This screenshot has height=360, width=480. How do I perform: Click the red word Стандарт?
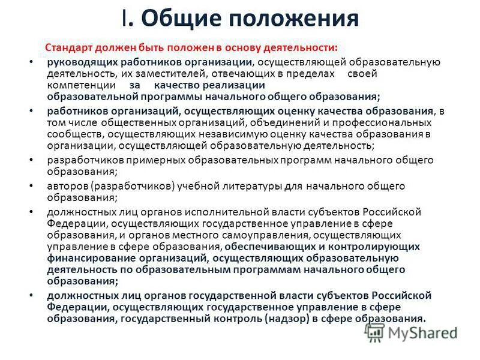[x=67, y=47]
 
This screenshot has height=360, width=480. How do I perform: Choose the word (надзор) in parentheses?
[x=290, y=319]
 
